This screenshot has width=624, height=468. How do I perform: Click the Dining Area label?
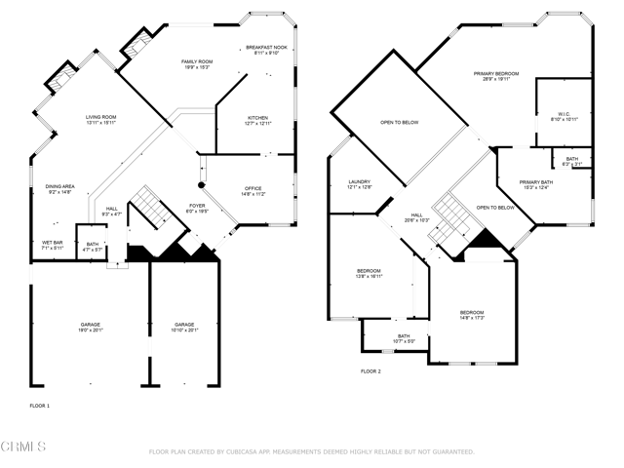tap(60, 190)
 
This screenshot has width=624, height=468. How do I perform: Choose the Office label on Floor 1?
tap(253, 191)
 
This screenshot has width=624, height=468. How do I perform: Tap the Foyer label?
tap(197, 208)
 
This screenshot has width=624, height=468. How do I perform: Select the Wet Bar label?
tap(52, 245)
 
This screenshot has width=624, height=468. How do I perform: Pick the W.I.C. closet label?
tap(565, 117)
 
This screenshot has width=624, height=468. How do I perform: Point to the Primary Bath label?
tap(535, 184)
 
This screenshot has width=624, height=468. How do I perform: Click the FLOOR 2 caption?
tap(370, 371)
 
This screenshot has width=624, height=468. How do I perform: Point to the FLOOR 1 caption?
tap(39, 404)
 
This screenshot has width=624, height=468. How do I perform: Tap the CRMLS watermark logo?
tap(23, 447)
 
